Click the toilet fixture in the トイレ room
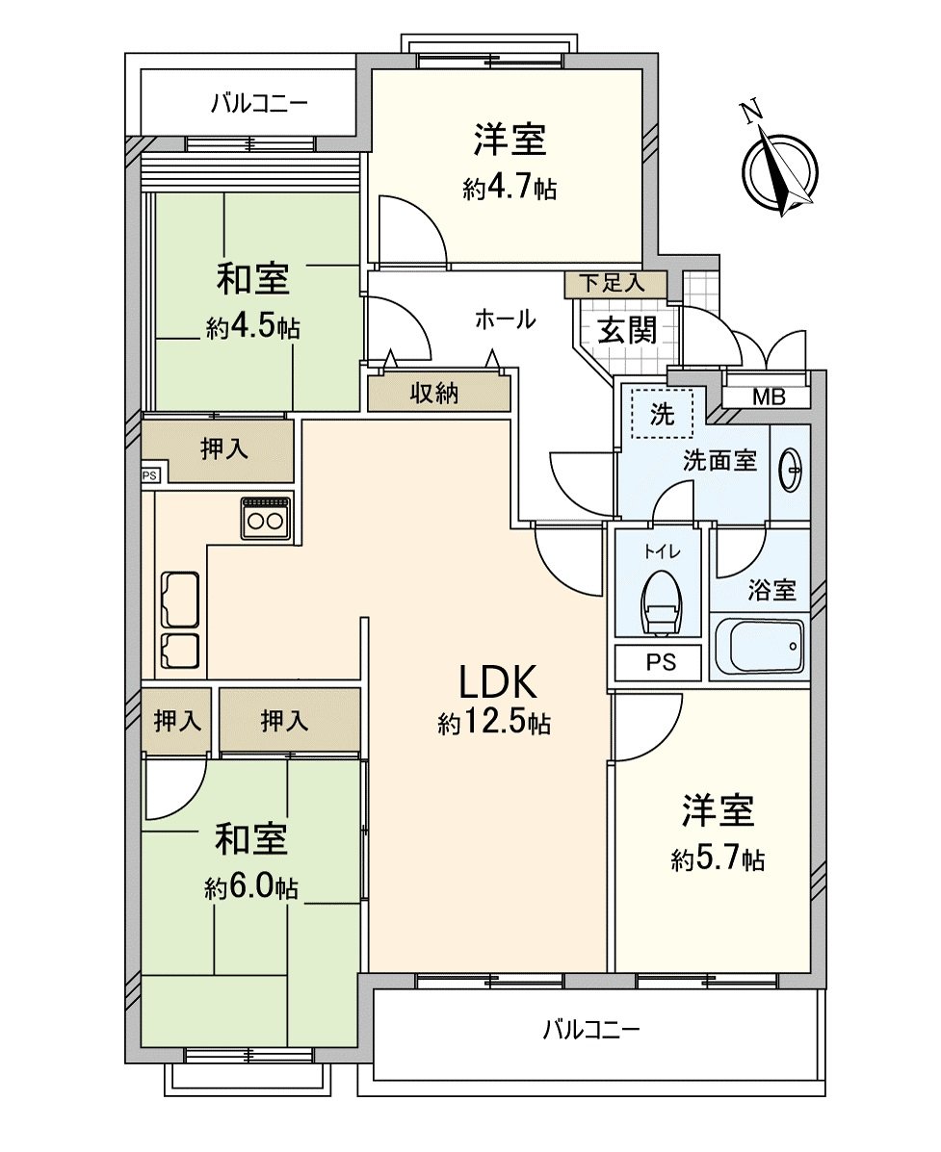pos(661,602)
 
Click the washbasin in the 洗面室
pos(790,472)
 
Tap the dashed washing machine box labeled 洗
pos(661,414)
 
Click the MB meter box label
pos(768,397)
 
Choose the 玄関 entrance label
pos(628,330)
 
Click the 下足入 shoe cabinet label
pos(615,284)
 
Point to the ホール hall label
pos(505,320)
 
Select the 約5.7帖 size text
pos(718,858)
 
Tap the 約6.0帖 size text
pos(250,887)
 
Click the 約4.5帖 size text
pos(252,328)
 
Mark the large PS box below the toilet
pos(661,662)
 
